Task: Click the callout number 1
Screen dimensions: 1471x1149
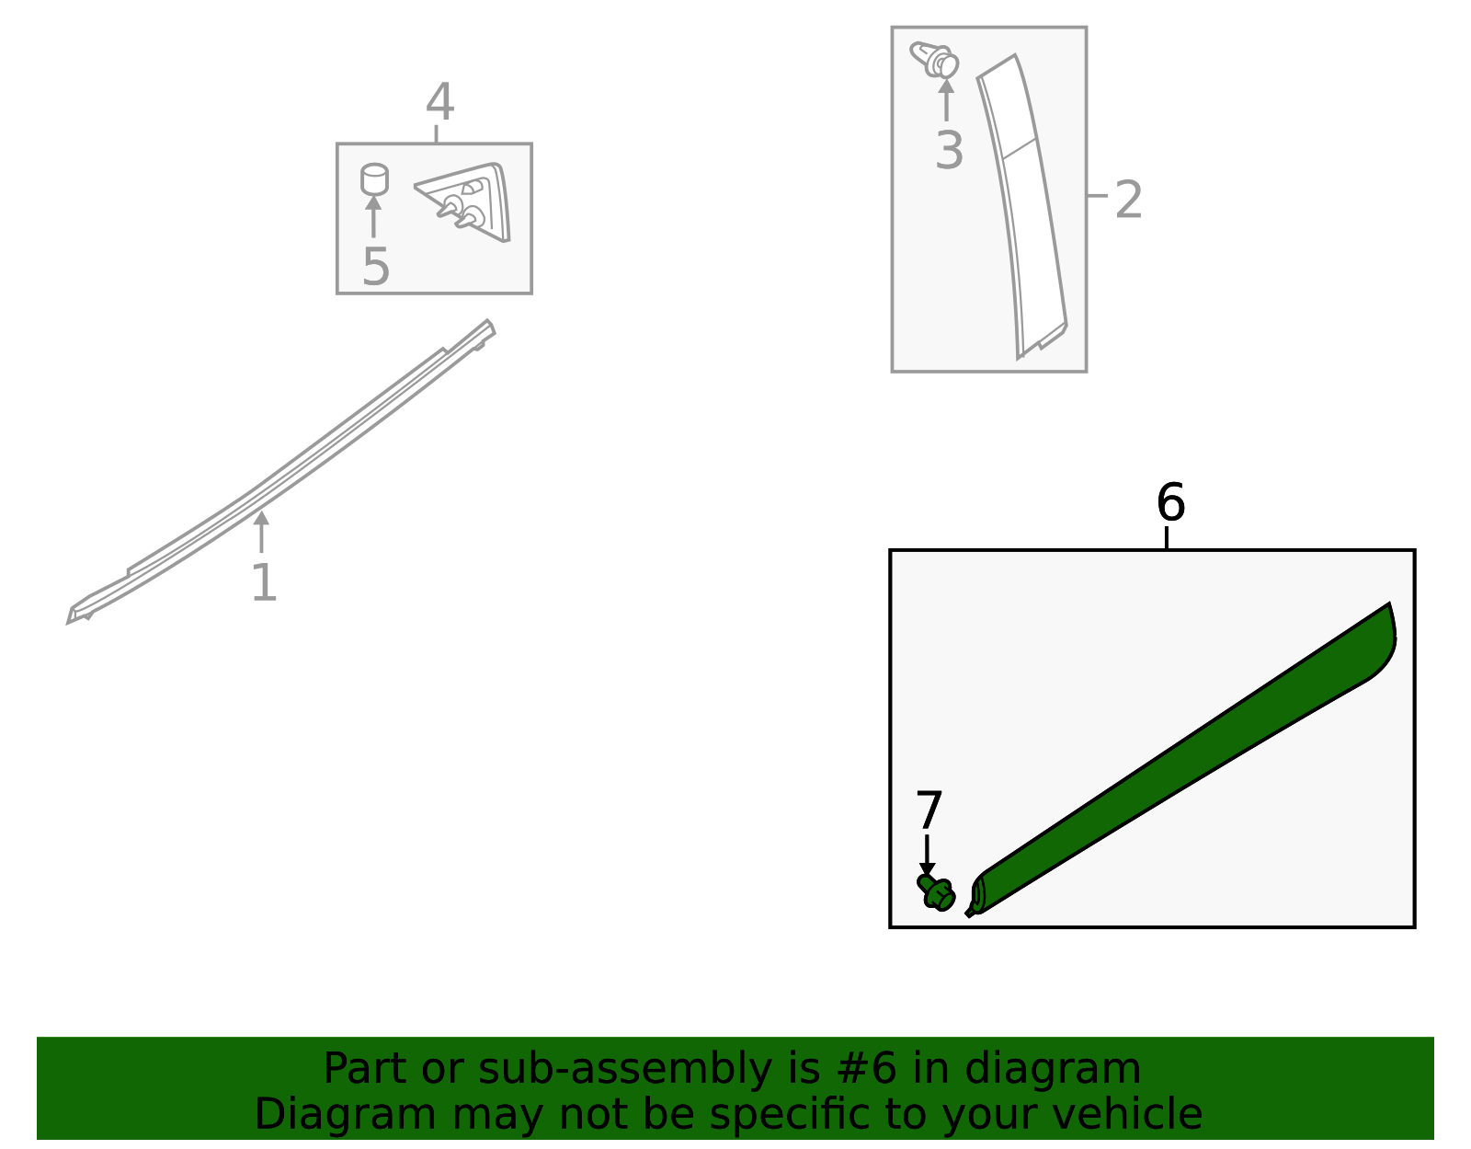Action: pyautogui.click(x=264, y=582)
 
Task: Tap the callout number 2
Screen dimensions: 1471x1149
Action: pyautogui.click(x=1128, y=199)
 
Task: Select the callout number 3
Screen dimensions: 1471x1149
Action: pyautogui.click(x=949, y=150)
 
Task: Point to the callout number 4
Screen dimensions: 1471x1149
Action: pyautogui.click(x=440, y=101)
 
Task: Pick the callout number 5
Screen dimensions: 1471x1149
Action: pyautogui.click(x=376, y=266)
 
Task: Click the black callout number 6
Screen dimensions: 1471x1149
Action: pyautogui.click(x=1170, y=502)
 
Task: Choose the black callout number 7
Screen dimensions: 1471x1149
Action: pyautogui.click(x=929, y=810)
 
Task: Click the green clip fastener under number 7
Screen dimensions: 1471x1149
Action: pyautogui.click(x=936, y=893)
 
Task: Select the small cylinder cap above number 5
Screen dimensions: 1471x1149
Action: pyautogui.click(x=374, y=179)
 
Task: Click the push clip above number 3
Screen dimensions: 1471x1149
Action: pyautogui.click(x=935, y=60)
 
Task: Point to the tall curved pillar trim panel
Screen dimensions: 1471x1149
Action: pyautogui.click(x=1022, y=203)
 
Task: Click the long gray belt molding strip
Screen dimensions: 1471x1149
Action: pyautogui.click(x=281, y=471)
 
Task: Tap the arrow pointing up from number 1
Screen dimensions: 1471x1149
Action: pyautogui.click(x=261, y=532)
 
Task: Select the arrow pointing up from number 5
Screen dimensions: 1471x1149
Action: pyautogui.click(x=373, y=217)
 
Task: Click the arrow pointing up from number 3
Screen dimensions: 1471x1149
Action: pyautogui.click(x=946, y=100)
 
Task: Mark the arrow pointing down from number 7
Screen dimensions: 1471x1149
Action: pyautogui.click(x=927, y=856)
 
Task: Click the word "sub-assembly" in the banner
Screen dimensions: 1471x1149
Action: pyautogui.click(x=625, y=1068)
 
